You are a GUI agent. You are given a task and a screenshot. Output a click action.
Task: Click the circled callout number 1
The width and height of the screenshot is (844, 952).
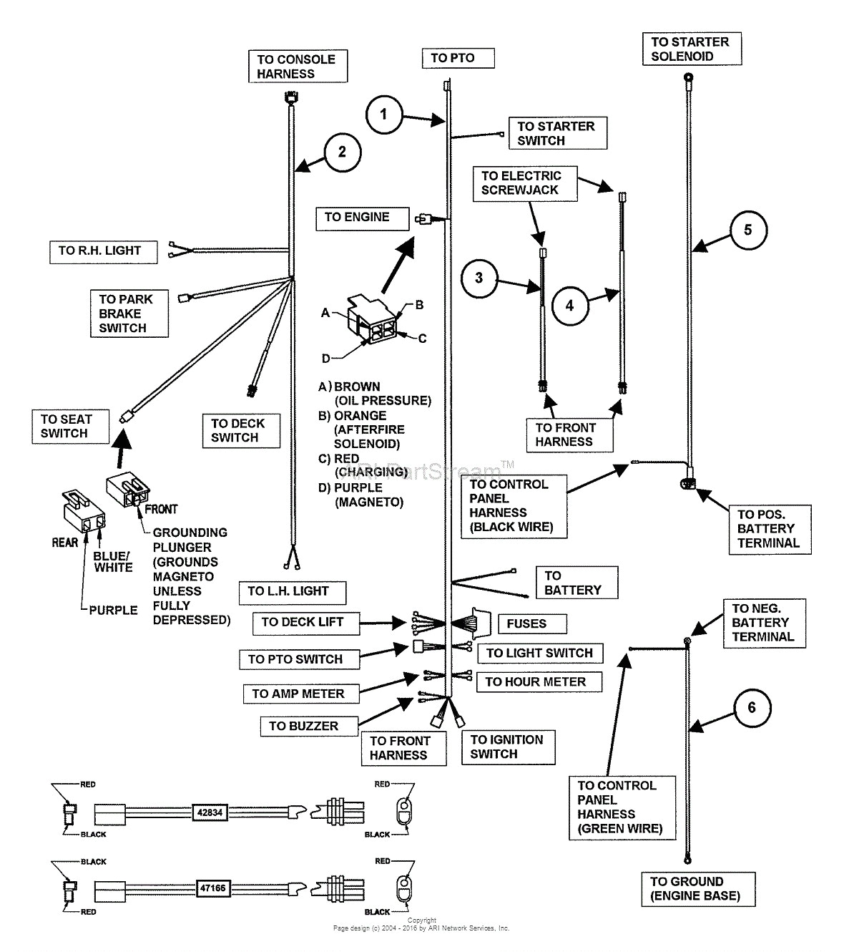pyautogui.click(x=384, y=114)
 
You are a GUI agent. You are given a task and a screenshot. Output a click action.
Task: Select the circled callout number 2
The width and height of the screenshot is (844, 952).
pyautogui.click(x=342, y=152)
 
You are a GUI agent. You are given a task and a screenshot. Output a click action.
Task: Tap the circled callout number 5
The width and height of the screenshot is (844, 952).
pyautogui.click(x=747, y=230)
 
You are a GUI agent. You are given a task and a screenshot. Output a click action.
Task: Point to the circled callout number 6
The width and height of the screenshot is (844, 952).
pyautogui.click(x=751, y=708)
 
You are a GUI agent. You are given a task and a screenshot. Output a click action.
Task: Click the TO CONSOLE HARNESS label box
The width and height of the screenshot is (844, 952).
pyautogui.click(x=297, y=67)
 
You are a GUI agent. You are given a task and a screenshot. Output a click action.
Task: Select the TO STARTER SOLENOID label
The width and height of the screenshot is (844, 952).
pyautogui.click(x=691, y=49)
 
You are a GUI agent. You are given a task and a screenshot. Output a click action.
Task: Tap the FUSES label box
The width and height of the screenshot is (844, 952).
pyautogui.click(x=526, y=623)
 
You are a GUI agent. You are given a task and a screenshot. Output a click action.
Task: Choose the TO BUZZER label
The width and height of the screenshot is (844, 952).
pyautogui.click(x=303, y=726)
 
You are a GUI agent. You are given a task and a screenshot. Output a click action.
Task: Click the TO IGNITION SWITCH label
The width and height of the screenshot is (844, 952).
pyautogui.click(x=506, y=747)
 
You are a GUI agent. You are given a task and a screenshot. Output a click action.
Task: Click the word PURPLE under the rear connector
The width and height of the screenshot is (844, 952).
pyautogui.click(x=113, y=611)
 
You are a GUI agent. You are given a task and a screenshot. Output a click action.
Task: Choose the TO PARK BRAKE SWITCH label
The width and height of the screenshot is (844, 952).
pyautogui.click(x=127, y=314)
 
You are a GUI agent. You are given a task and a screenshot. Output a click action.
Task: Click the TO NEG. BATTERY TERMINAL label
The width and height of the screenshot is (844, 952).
pyautogui.click(x=763, y=623)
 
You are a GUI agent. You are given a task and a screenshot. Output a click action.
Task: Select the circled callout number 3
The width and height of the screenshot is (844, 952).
pyautogui.click(x=479, y=278)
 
